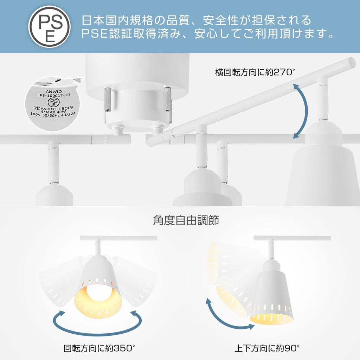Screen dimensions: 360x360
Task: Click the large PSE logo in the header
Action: point(50,27)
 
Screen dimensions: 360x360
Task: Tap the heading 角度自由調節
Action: point(186,220)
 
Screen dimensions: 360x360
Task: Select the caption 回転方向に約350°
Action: point(99,348)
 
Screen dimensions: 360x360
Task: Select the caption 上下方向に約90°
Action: point(267,348)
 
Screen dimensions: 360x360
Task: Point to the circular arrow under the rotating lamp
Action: point(98,322)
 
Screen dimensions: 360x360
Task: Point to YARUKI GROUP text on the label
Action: point(56,109)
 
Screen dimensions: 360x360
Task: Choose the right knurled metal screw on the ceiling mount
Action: point(167,99)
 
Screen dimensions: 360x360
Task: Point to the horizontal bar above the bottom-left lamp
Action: point(118,238)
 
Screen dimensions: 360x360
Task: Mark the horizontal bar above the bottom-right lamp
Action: point(292,238)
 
